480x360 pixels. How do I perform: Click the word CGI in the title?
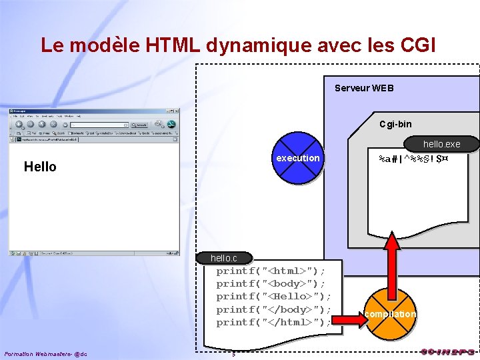click(418, 45)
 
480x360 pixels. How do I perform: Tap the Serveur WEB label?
click(364, 88)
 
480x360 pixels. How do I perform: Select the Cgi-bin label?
click(395, 124)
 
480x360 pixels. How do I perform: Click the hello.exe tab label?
click(441, 144)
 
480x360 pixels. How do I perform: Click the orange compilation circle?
click(391, 314)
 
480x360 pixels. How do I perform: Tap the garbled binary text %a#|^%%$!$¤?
click(413, 160)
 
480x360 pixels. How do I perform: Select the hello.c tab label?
click(224, 258)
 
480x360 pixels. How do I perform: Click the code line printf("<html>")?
click(271, 271)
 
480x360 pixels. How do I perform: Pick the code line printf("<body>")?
click(271, 284)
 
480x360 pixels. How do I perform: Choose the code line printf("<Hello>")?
click(273, 297)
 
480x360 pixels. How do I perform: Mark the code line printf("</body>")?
click(273, 309)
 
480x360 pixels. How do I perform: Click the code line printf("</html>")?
click(273, 322)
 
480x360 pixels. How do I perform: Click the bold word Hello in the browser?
click(40, 167)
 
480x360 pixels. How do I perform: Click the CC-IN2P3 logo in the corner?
click(447, 351)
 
